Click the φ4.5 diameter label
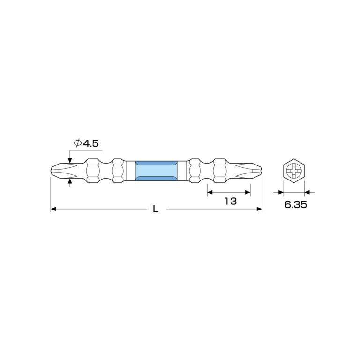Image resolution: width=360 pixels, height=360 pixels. coord(86,143)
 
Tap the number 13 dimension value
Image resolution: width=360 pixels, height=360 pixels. coord(230,202)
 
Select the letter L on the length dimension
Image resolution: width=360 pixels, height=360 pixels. coord(156,209)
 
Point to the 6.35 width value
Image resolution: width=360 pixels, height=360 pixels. coord(295,204)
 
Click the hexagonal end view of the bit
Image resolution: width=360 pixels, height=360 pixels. coord(294,171)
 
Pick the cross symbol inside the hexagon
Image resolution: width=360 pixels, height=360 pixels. coord(294,171)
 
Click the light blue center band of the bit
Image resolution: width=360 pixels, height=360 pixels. coord(157,171)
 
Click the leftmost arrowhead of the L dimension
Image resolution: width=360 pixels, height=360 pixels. coord(53,209)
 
